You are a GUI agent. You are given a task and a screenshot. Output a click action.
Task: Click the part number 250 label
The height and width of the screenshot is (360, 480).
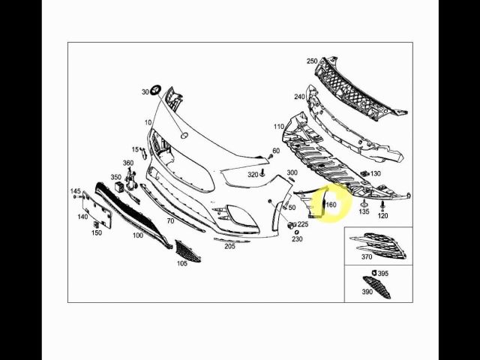click(x=312, y=61)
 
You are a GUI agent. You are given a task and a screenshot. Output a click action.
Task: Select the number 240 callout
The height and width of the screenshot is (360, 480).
click(x=299, y=97)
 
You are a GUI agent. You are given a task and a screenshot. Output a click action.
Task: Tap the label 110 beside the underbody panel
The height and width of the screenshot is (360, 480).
click(x=279, y=127)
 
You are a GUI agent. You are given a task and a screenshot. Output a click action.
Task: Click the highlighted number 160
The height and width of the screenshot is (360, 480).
click(x=331, y=204)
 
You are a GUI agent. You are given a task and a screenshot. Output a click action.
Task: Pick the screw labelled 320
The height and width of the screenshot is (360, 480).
click(x=262, y=173)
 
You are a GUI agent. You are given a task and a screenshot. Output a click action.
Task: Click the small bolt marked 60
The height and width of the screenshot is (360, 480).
click(x=270, y=157)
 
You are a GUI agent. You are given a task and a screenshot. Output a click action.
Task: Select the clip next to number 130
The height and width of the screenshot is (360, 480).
click(x=364, y=173)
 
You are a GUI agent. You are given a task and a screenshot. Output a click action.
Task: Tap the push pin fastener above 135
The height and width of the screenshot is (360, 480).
click(x=364, y=202)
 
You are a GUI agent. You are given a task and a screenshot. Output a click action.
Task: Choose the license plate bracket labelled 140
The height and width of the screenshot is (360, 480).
click(x=97, y=210)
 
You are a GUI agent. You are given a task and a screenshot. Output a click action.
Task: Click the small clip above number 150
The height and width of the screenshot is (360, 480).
click(x=96, y=225)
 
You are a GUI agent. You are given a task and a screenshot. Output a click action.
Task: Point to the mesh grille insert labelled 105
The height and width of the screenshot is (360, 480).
click(x=187, y=251)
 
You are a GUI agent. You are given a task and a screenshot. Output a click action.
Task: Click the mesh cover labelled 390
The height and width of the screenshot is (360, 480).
click(x=376, y=287)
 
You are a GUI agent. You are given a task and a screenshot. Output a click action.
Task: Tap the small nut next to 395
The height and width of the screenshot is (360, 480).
click(x=373, y=273)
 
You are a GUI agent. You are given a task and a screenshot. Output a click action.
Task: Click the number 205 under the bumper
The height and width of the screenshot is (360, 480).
click(x=229, y=246)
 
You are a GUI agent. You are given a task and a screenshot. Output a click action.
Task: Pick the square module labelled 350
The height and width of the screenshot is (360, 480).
click(x=119, y=187)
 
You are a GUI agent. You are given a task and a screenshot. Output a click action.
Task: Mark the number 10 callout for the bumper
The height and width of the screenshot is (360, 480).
click(x=148, y=122)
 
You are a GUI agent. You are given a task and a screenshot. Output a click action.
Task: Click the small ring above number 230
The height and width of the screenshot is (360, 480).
click(x=296, y=232)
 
